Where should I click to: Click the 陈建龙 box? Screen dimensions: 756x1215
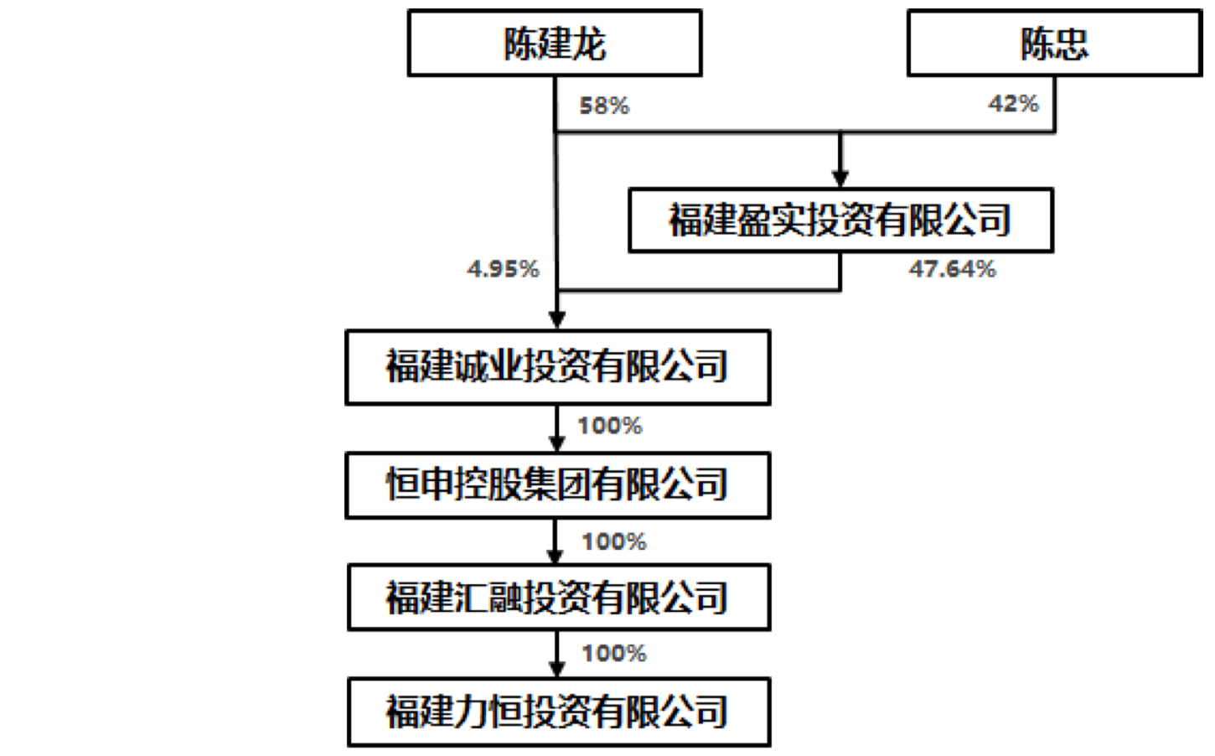[x=554, y=44]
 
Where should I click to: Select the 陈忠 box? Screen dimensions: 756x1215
[x=1054, y=44]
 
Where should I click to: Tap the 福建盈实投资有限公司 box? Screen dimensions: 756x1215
[x=840, y=220]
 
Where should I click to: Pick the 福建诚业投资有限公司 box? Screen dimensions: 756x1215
[x=557, y=367]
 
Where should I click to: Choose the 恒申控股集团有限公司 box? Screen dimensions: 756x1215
[x=557, y=485]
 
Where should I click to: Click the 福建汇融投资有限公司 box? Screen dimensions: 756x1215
[x=558, y=598]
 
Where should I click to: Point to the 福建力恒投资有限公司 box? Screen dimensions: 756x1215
[x=558, y=712]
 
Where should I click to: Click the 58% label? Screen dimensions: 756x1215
[x=604, y=106]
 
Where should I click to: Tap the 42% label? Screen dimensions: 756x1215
[x=1013, y=104]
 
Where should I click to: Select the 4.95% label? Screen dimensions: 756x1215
[x=504, y=269]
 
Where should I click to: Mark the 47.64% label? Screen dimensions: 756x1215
[x=953, y=269]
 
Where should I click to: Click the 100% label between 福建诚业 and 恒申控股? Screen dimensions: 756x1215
[x=610, y=426]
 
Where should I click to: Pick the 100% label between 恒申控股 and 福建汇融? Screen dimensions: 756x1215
[x=614, y=541]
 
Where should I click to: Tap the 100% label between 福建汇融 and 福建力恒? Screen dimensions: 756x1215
[x=614, y=653]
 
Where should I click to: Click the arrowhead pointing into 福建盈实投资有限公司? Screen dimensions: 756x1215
[x=840, y=179]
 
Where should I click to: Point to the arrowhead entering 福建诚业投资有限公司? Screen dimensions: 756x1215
[x=557, y=319]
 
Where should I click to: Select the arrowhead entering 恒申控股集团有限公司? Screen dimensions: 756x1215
[x=557, y=443]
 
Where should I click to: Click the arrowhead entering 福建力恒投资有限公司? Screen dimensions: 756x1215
[x=557, y=668]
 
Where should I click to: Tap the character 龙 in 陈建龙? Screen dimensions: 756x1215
[x=589, y=44]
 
